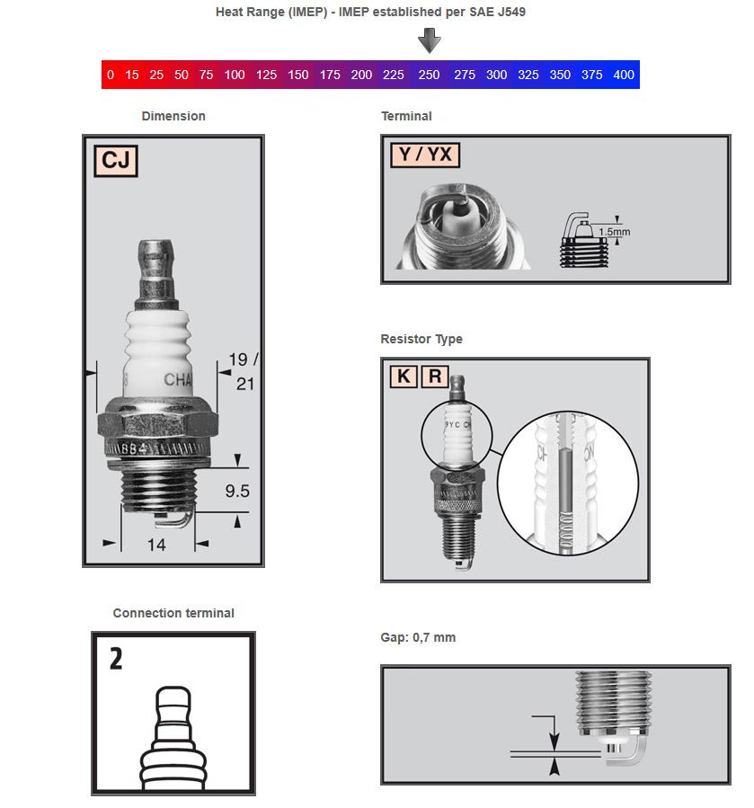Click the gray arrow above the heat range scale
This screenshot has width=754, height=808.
pyautogui.click(x=430, y=40)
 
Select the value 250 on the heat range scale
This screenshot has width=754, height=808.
pyautogui.click(x=430, y=75)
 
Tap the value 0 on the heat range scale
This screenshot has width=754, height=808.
pyautogui.click(x=111, y=75)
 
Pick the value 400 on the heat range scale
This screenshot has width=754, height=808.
pyautogui.click(x=624, y=75)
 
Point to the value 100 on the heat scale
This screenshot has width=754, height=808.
pyautogui.click(x=235, y=75)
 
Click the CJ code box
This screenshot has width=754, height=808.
pyautogui.click(x=116, y=160)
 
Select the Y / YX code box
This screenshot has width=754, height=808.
pyautogui.click(x=424, y=155)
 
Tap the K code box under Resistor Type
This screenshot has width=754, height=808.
pyautogui.click(x=403, y=376)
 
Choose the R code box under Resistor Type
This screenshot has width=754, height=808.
pyautogui.click(x=435, y=376)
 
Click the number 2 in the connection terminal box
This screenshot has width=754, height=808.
pyautogui.click(x=116, y=659)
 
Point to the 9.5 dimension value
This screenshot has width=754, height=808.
pyautogui.click(x=236, y=491)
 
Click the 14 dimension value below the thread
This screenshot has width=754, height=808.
pyautogui.click(x=156, y=545)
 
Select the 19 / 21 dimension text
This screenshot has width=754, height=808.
pyautogui.click(x=243, y=372)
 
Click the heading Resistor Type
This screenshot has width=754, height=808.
pyautogui.click(x=421, y=339)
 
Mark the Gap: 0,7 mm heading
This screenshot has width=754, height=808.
pyautogui.click(x=418, y=637)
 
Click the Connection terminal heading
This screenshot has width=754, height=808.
pyautogui.click(x=173, y=613)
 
